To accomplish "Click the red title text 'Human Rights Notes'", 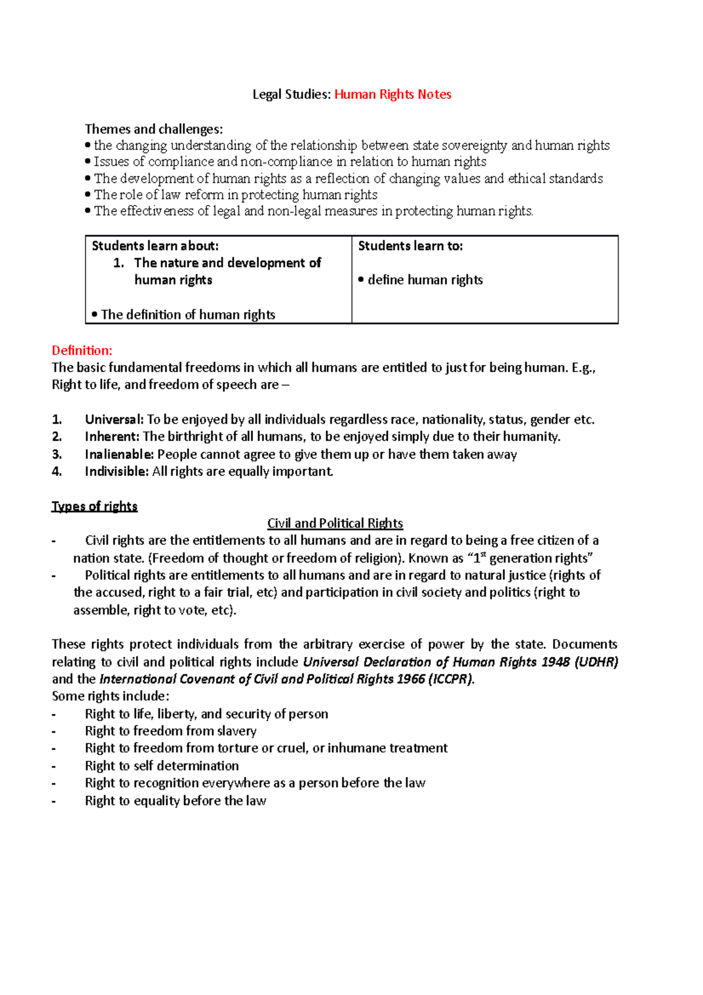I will tap(393, 94).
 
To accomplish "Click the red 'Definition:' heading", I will tap(82, 350).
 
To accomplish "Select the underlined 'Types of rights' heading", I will tap(94, 506).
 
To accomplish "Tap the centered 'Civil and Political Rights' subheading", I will tap(335, 523).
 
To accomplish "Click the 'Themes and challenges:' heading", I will tap(153, 129).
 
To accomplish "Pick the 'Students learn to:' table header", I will tap(410, 246).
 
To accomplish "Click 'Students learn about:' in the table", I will tap(155, 246).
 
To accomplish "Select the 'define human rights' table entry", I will tap(425, 280).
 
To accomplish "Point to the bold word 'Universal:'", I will tap(114, 420).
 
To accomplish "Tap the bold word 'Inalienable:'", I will tap(120, 454).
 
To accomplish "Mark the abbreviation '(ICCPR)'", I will tap(451, 679).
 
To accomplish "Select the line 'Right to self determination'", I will tap(162, 766).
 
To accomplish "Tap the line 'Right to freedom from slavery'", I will tap(170, 731).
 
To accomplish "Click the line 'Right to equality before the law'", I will tap(175, 801).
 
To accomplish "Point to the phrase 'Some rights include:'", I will tap(110, 696).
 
